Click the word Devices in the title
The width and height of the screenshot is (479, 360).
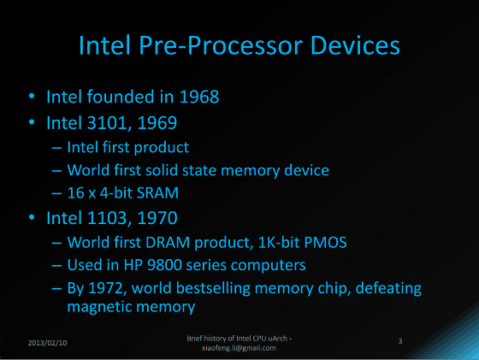(355, 45)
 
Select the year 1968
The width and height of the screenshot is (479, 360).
(199, 97)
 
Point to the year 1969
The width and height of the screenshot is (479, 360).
(157, 123)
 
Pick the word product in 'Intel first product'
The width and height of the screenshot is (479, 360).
(162, 148)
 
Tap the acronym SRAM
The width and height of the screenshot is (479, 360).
(157, 193)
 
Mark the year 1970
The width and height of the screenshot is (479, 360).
(157, 218)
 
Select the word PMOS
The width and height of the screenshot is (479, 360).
(325, 243)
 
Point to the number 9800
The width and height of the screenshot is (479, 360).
(164, 265)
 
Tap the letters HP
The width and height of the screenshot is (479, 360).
(133, 265)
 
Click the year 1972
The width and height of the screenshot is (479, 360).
(107, 288)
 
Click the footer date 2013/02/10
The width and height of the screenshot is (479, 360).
(47, 343)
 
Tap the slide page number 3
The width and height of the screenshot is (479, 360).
(400, 341)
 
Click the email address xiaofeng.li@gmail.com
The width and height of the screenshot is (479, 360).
(239, 348)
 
